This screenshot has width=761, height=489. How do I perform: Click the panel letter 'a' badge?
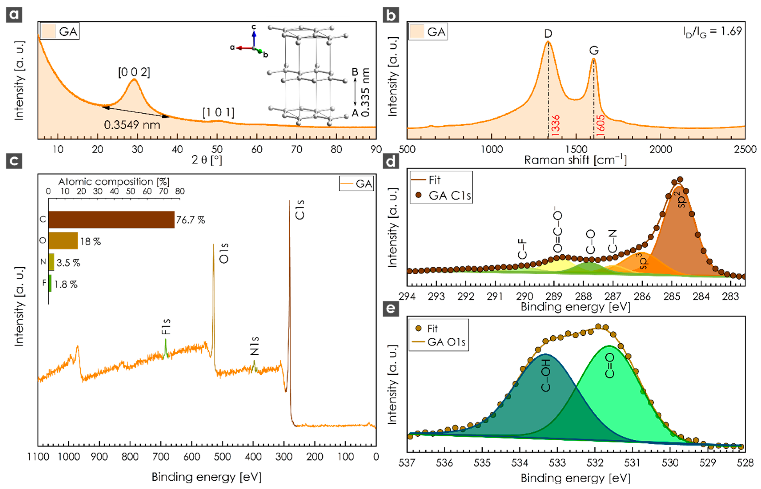click(14, 15)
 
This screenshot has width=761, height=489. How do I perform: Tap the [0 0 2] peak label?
click(134, 72)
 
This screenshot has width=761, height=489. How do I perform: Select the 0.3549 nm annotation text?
click(132, 125)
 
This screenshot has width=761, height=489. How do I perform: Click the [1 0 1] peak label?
click(218, 112)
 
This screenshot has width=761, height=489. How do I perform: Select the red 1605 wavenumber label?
click(600, 126)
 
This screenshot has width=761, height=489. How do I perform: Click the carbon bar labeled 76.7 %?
click(111, 220)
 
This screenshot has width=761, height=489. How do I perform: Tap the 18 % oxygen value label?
click(90, 242)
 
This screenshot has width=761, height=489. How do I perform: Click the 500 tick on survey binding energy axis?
click(222, 457)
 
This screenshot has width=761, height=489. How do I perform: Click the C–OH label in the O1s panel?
click(546, 376)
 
